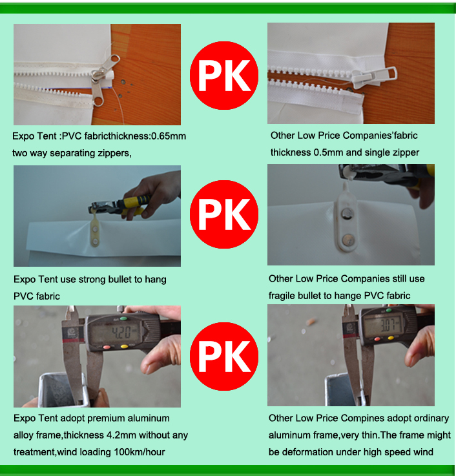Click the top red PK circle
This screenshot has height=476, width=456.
pos(224,76)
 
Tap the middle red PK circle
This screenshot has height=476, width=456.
pos(224,214)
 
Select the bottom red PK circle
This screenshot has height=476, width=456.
pos(224,357)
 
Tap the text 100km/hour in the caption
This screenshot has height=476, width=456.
pos(140,452)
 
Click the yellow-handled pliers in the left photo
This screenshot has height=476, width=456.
pos(121,205)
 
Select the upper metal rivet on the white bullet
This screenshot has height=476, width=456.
pos(347,214)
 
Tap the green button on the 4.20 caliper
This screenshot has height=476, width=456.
pos(123,318)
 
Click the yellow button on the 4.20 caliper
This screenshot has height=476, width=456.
pos(124,346)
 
